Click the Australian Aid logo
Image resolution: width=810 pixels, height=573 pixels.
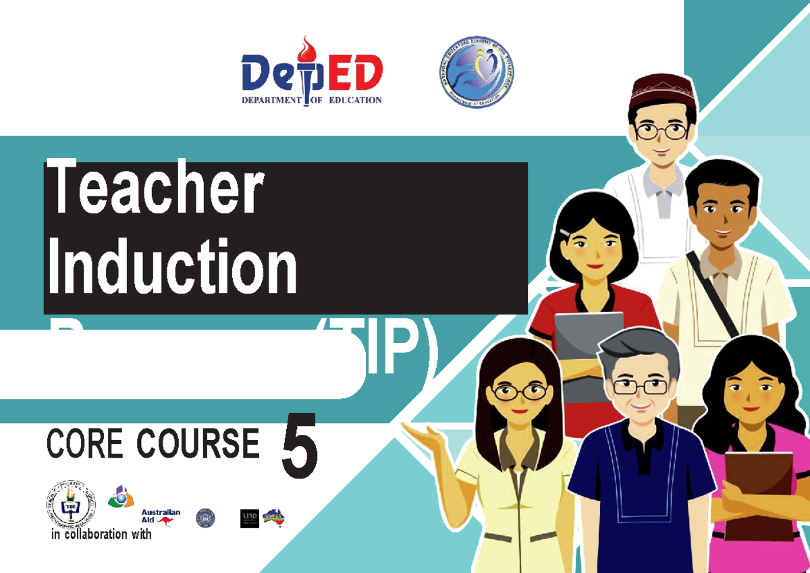161,517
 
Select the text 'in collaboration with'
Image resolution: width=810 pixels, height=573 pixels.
101,535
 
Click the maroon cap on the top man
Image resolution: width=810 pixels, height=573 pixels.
661,91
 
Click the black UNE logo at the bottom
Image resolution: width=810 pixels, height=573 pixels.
249,518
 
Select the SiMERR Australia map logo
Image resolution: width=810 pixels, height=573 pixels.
273,517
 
